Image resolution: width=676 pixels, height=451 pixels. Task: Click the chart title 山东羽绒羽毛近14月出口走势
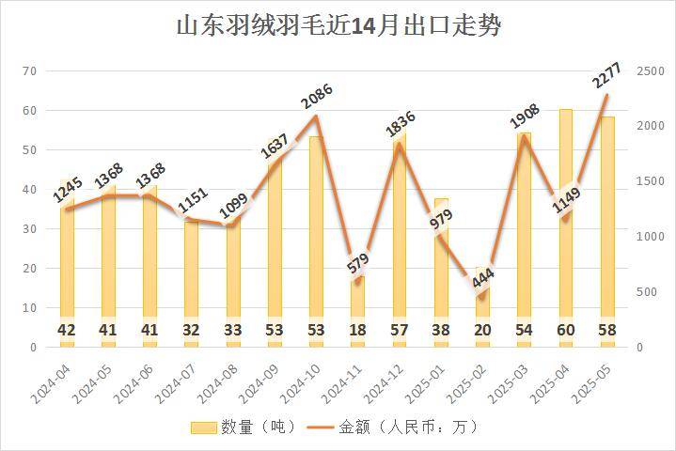338,25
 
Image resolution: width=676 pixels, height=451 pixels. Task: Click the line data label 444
481,279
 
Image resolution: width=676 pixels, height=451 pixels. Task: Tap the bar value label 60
566,331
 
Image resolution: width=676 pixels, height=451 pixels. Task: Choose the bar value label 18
358,331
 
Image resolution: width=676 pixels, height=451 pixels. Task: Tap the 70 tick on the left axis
29,71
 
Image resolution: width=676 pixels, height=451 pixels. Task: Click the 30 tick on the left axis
29,229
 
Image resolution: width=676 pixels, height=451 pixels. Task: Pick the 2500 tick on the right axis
649,71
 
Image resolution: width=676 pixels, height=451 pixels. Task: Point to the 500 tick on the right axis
645,292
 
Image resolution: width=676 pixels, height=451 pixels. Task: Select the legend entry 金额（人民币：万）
396,428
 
